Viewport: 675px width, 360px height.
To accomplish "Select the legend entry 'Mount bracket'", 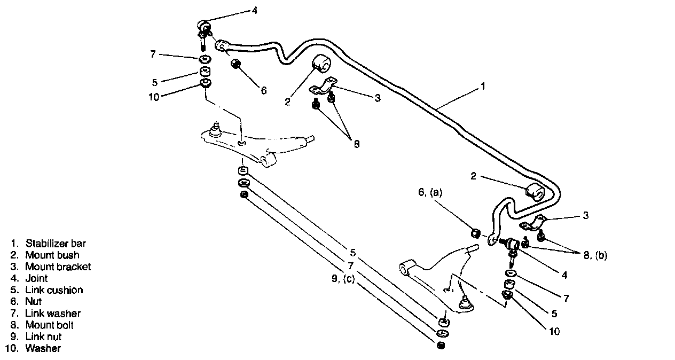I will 58,267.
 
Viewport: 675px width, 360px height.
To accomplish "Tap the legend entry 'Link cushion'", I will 54,290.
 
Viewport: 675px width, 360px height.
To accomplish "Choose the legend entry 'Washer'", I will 43,348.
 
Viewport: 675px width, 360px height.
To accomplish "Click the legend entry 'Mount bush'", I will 52,255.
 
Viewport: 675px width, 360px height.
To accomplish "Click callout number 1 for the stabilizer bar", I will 483,85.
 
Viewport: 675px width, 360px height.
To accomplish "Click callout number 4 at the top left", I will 255,10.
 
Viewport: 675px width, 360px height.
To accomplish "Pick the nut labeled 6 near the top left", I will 236,64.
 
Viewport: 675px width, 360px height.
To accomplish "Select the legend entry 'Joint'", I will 36,278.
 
